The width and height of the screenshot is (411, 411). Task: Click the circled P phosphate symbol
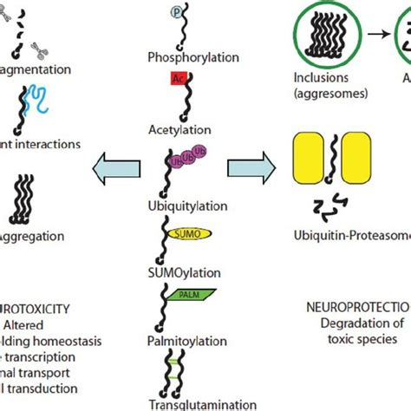(178, 13)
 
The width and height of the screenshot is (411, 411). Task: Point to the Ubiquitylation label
(199, 206)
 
